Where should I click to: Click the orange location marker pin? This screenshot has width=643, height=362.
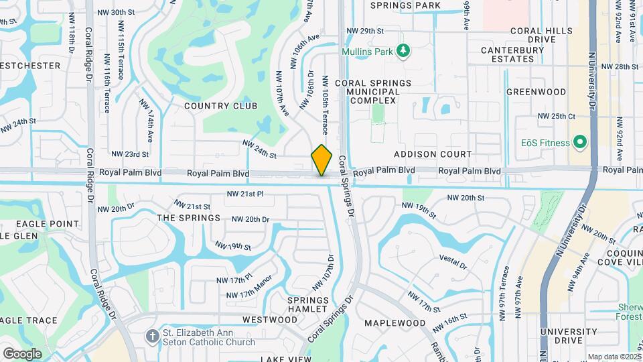pyautogui.click(x=322, y=160)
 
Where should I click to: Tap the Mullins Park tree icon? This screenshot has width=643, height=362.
pyautogui.click(x=403, y=51)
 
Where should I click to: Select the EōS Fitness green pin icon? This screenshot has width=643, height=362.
pyautogui.click(x=580, y=142)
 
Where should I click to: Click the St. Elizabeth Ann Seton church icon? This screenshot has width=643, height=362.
pyautogui.click(x=153, y=337)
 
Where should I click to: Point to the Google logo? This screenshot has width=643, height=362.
pyautogui.click(x=22, y=353)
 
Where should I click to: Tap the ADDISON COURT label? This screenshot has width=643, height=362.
pyautogui.click(x=433, y=154)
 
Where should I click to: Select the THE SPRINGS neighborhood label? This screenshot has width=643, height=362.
pyautogui.click(x=188, y=218)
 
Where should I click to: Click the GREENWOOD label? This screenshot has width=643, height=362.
pyautogui.click(x=536, y=91)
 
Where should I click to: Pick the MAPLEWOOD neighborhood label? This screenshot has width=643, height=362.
pyautogui.click(x=395, y=323)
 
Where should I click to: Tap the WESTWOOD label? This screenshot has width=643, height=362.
pyautogui.click(x=270, y=320)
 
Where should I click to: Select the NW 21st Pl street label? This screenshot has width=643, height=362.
pyautogui.click(x=246, y=194)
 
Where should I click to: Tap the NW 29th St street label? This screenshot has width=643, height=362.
pyautogui.click(x=365, y=31)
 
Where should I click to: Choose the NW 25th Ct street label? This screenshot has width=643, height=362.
pyautogui.click(x=557, y=116)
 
